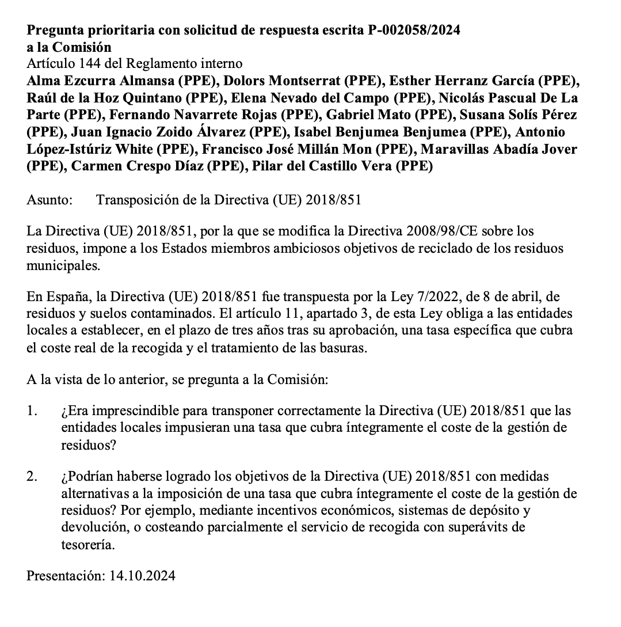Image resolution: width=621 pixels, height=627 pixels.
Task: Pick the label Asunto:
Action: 49,200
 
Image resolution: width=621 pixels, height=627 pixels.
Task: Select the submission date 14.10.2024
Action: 142,576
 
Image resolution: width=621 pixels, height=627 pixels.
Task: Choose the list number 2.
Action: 32,477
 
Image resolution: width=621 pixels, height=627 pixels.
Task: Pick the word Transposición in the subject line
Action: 138,200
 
